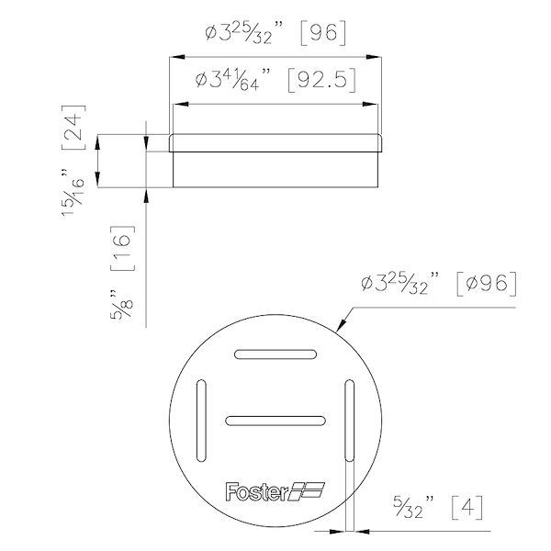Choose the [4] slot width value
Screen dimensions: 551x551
click(x=459, y=505)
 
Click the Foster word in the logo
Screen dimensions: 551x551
click(x=253, y=491)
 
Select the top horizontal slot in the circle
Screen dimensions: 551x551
click(x=275, y=354)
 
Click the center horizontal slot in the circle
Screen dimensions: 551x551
click(x=272, y=420)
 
